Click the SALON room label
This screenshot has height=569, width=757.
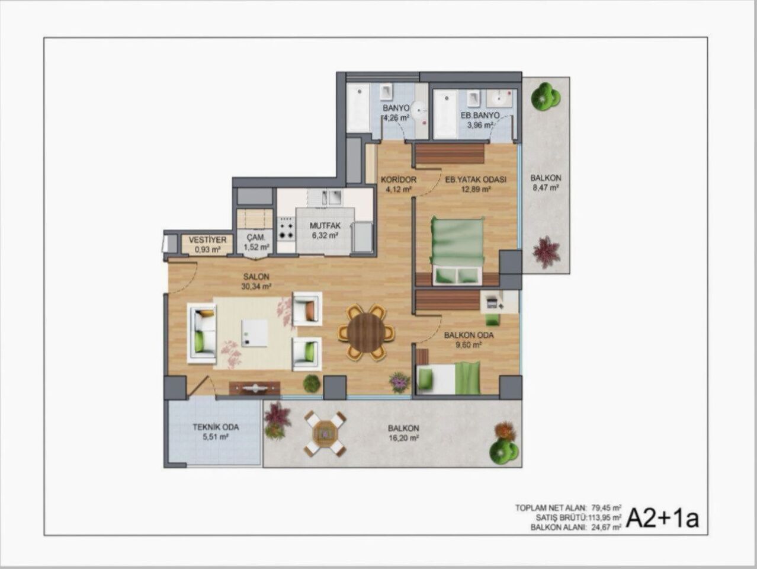pos(256,277)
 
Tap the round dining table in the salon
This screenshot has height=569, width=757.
pos(366,332)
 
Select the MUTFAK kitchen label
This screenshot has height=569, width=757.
pos(325,226)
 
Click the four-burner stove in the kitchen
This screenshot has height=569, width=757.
pos(287,228)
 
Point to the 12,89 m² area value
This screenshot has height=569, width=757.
pos(477,189)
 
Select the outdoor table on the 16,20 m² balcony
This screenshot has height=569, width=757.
pos(324,434)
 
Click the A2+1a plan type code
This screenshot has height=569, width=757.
pos(662,517)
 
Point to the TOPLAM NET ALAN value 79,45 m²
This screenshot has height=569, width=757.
pos(604,508)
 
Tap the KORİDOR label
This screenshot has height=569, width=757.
pos(399,180)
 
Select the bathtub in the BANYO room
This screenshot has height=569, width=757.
pos(358,108)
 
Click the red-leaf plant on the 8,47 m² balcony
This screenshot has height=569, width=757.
pos(546,252)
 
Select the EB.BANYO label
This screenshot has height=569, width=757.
pos(480,115)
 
